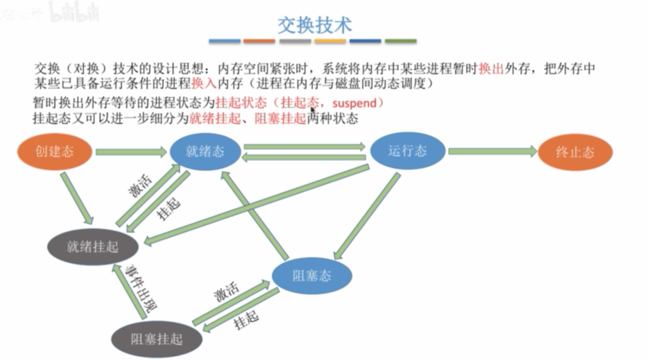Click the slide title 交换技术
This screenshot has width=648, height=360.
point(315,25)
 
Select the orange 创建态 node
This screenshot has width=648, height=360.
point(54,151)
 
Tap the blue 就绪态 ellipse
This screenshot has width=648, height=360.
point(206,151)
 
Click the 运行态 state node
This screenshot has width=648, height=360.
point(408,151)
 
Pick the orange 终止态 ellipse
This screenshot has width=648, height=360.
point(575,152)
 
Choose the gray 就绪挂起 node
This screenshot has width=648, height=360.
point(92,247)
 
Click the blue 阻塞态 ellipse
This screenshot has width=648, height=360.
point(312,276)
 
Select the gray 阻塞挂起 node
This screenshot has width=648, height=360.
point(157,339)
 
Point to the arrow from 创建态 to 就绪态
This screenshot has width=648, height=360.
point(131,152)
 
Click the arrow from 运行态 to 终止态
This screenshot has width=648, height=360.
point(492,152)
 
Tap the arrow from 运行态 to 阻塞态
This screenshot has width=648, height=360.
point(366,216)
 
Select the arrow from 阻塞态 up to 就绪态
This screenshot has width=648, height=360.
point(254,215)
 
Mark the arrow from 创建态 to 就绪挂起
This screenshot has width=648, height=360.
point(77,199)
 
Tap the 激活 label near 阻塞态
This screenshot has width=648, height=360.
point(227,292)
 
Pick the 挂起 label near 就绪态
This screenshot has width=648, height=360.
point(168,209)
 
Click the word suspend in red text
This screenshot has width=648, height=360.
point(354,103)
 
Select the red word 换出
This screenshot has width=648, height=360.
point(491,68)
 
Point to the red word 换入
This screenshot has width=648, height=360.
point(204,84)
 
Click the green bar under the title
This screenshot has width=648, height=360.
point(401,41)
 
